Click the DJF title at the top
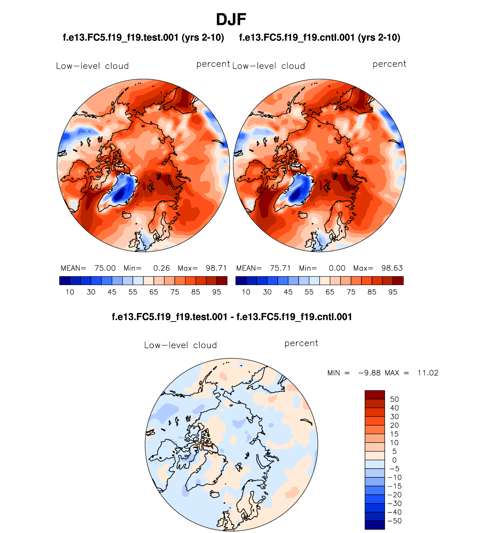click(x=231, y=20)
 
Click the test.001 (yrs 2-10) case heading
click(x=143, y=38)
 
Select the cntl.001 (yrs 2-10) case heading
click(x=319, y=38)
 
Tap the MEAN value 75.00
click(x=105, y=268)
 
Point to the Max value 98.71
click(x=216, y=268)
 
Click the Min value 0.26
click(x=162, y=268)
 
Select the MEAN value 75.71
click(x=280, y=268)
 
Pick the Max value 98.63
click(x=392, y=268)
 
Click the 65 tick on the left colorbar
click(x=154, y=292)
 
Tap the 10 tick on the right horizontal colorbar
click(x=246, y=292)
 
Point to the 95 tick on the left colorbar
click(x=217, y=292)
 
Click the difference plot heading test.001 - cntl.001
click(x=232, y=317)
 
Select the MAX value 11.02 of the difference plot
click(x=428, y=373)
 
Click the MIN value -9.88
click(x=369, y=373)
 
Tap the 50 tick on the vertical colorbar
click(x=394, y=399)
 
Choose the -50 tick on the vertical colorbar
click(x=394, y=521)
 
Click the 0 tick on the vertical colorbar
click(x=394, y=460)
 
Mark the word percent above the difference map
click(x=301, y=343)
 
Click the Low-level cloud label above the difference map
click(x=180, y=345)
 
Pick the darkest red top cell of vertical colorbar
click(x=374, y=395)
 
